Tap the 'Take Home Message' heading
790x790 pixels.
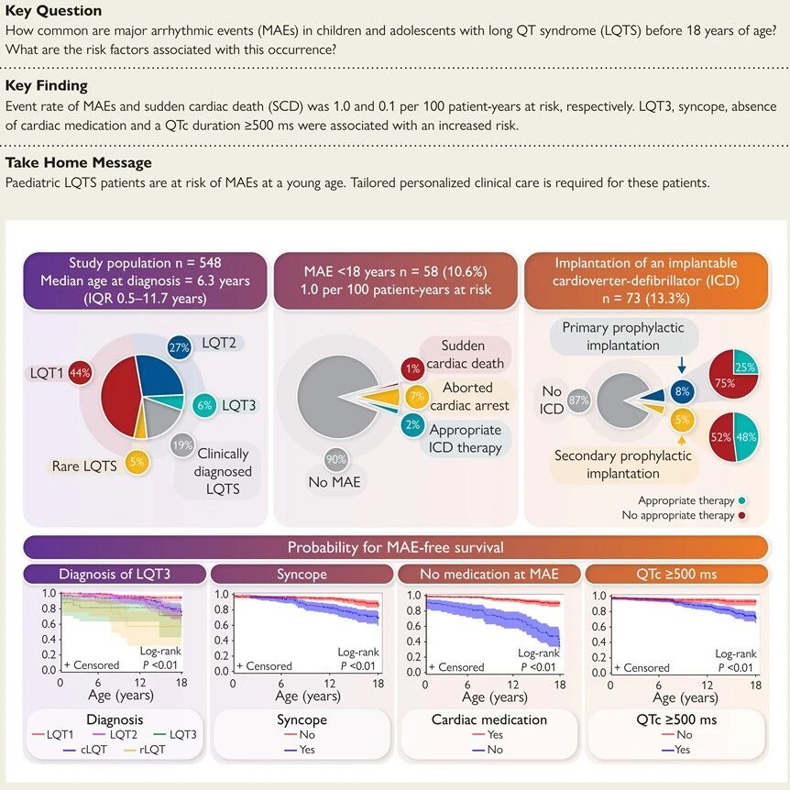tap(79, 162)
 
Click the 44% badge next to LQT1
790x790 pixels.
tap(79, 373)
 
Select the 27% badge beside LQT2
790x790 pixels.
tap(180, 347)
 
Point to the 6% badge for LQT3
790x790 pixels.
tap(205, 404)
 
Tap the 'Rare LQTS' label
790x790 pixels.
tap(83, 466)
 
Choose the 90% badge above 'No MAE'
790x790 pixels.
tap(335, 458)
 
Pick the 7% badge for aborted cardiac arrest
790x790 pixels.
tap(415, 397)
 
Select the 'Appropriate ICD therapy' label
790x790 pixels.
tap(465, 439)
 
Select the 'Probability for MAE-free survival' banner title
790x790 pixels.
tap(395, 547)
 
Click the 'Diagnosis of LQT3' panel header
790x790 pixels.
tap(114, 575)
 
